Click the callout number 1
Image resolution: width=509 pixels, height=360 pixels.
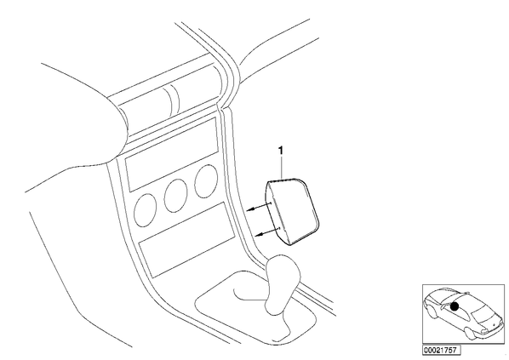click(281, 151)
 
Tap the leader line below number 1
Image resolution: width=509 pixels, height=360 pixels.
click(282, 168)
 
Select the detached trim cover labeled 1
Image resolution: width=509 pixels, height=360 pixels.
click(292, 211)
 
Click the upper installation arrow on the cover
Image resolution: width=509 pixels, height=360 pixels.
click(259, 207)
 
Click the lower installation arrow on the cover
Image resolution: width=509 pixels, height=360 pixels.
click(267, 231)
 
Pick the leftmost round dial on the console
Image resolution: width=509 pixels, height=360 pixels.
click(145, 210)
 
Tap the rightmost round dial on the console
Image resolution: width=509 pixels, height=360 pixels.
click(206, 181)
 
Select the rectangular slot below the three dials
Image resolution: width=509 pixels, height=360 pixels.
click(186, 239)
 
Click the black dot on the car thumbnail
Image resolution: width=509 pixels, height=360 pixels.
click(455, 306)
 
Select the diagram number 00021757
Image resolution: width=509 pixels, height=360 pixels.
click(441, 351)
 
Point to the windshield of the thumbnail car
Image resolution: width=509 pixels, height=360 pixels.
click(483, 312)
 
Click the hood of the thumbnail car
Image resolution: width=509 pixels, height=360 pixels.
click(490, 323)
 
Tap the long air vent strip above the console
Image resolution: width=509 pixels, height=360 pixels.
click(169, 96)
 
